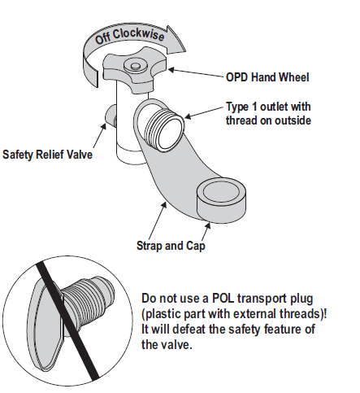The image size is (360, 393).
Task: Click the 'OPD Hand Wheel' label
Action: [267, 77]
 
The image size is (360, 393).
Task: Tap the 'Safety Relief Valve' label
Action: [47, 155]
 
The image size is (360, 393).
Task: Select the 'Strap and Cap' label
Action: [171, 246]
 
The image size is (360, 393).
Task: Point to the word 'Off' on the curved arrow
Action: [103, 38]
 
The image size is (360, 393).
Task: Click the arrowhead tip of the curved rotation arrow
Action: [186, 50]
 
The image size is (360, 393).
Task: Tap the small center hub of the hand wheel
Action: [135, 66]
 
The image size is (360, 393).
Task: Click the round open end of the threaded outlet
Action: [171, 133]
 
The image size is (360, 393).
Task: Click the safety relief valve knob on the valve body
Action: [111, 116]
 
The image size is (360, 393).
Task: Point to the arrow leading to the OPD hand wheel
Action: [197, 73]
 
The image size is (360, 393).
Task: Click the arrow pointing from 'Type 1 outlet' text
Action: [204, 112]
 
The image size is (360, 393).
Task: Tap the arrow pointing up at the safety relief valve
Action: [99, 136]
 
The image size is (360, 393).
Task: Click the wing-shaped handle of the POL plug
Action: [46, 325]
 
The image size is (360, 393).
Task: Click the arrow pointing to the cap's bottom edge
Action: [206, 231]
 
